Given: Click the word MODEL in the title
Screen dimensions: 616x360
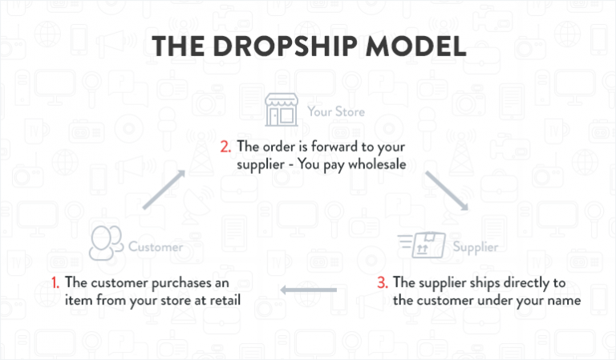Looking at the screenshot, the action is tap(416, 47).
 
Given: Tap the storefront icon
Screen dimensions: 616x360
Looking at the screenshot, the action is tap(282, 110).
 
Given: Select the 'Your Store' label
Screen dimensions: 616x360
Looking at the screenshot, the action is tap(336, 112).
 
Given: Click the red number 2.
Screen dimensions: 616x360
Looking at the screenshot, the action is tap(225, 147).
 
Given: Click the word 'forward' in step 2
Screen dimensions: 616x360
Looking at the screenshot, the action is tap(334, 147).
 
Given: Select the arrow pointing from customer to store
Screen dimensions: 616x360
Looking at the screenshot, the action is tap(164, 189).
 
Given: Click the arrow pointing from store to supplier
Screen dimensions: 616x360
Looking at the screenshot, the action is tap(447, 191).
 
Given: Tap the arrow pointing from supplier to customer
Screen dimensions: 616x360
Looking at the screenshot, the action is tap(308, 290).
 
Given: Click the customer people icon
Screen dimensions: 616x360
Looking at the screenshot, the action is tap(106, 243).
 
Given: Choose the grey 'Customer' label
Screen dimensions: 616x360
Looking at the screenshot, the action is tap(156, 247).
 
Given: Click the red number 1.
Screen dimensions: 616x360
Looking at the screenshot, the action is tap(55, 283).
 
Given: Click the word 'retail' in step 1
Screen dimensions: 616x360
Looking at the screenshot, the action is tap(225, 301).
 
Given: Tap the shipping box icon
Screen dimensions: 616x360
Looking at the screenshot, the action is tap(422, 245).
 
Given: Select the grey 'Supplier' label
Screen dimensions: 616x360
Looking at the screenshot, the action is tap(476, 247).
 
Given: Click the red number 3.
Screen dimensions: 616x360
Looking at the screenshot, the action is tap(383, 283).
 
